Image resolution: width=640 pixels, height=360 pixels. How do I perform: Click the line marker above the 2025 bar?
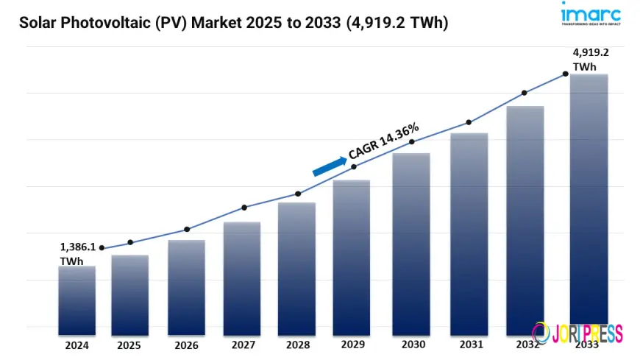coord(130,242)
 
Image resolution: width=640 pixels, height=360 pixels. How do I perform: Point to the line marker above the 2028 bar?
coord(298,194)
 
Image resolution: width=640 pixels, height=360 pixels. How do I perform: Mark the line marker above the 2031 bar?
coord(468,122)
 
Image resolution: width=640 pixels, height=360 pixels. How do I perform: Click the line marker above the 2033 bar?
coord(566,74)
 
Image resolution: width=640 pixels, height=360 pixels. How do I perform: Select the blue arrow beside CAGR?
coord(329,166)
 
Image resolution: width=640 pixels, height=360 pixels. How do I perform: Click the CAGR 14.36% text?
coord(383,141)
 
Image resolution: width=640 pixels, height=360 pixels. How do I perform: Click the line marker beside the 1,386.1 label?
coord(102,248)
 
